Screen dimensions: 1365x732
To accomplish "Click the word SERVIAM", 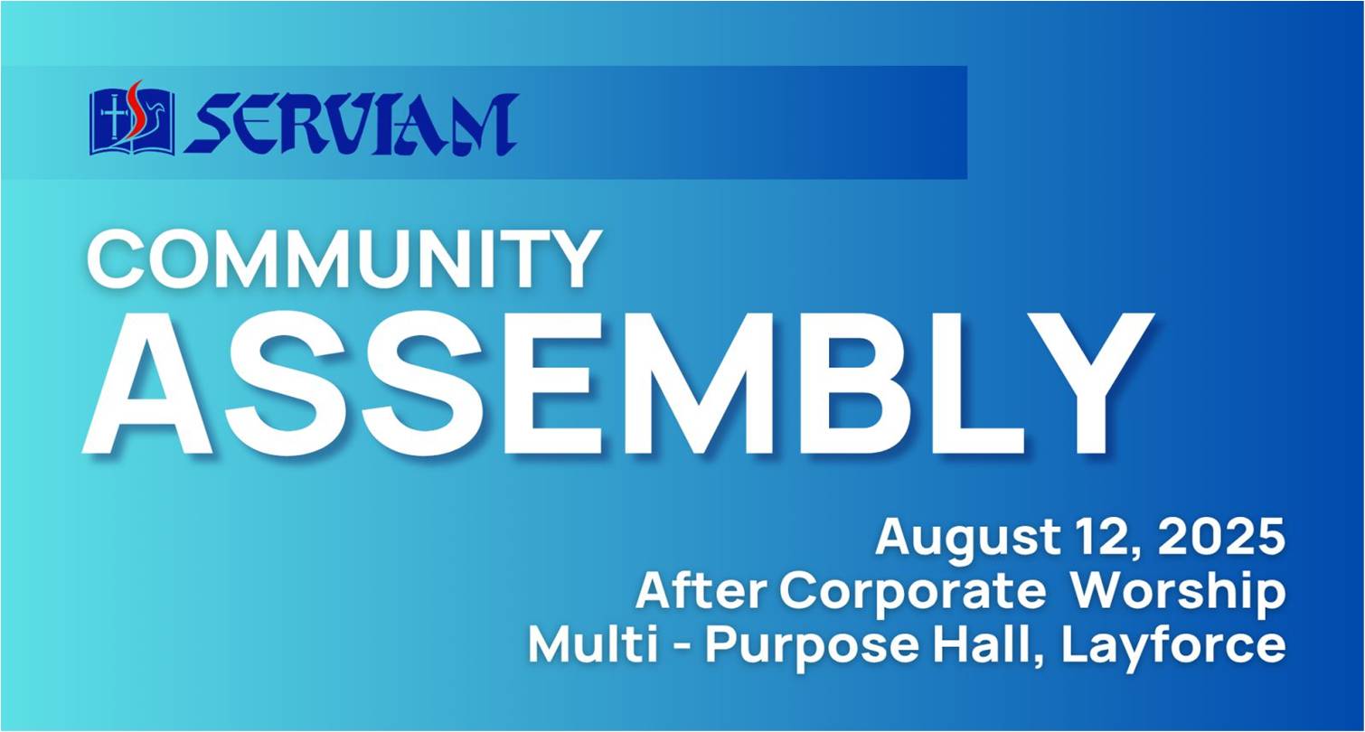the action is click(x=351, y=124).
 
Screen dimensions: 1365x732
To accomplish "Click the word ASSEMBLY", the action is click(x=617, y=384).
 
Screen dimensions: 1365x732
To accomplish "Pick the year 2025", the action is click(x=1220, y=537).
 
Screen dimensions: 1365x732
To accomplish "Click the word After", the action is click(x=702, y=591).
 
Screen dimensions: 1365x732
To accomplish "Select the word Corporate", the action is click(x=912, y=592).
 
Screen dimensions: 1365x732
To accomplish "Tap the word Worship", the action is click(x=1179, y=592).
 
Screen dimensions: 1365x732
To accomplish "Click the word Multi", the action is click(x=594, y=644).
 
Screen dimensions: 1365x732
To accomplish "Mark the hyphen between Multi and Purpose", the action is click(x=682, y=647).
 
